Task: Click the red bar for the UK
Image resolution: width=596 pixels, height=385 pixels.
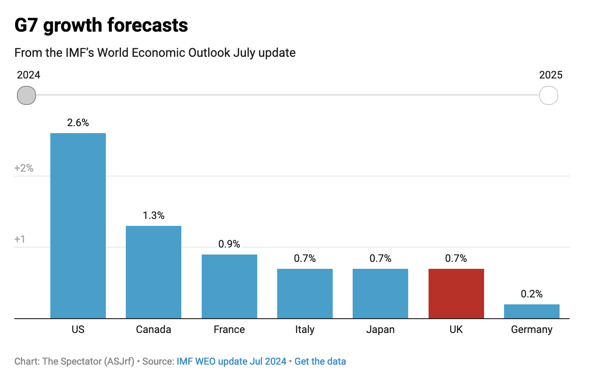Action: (456, 294)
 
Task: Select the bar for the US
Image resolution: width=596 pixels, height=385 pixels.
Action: (78, 225)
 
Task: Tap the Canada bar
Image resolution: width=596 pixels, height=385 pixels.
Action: (154, 272)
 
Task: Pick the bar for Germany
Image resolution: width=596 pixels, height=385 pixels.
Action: (531, 311)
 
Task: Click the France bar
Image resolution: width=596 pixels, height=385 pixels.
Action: (229, 286)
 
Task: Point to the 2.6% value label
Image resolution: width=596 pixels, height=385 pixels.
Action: (78, 123)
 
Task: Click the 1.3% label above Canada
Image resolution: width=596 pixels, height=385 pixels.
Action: (154, 215)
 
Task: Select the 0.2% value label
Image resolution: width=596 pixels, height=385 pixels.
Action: (531, 294)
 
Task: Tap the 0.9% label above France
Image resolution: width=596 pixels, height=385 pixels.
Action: (229, 244)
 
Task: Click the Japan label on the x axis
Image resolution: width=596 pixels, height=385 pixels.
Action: (380, 330)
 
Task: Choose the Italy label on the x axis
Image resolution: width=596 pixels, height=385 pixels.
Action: (305, 330)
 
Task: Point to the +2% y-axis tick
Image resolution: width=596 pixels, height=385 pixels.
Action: (24, 168)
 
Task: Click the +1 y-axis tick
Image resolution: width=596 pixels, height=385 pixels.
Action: (20, 239)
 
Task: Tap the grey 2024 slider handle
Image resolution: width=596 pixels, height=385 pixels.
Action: (26, 95)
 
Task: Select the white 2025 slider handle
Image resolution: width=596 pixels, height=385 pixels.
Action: (548, 95)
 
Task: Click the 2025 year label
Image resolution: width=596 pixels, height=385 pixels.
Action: (550, 75)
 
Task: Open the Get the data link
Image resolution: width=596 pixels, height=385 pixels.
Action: (320, 362)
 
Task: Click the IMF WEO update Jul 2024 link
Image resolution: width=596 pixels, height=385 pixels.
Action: (231, 362)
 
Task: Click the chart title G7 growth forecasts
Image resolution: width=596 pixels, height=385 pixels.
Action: (101, 25)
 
